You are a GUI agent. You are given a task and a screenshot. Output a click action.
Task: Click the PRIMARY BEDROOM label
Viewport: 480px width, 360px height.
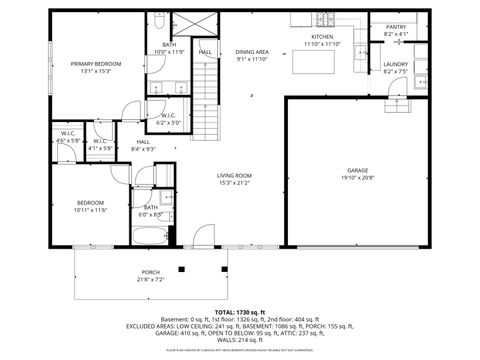95,64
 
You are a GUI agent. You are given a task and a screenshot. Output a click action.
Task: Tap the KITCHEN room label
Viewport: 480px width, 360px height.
322,37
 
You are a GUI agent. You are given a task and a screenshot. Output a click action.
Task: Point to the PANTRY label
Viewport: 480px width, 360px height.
395,27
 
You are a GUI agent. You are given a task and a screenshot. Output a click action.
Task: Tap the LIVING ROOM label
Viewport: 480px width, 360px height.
234,176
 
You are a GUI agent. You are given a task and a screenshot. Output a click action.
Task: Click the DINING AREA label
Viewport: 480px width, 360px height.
252,51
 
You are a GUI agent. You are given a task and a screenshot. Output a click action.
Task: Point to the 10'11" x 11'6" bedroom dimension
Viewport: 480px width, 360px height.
90,210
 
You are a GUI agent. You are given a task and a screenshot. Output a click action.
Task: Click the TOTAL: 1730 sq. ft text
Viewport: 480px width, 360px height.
240,312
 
